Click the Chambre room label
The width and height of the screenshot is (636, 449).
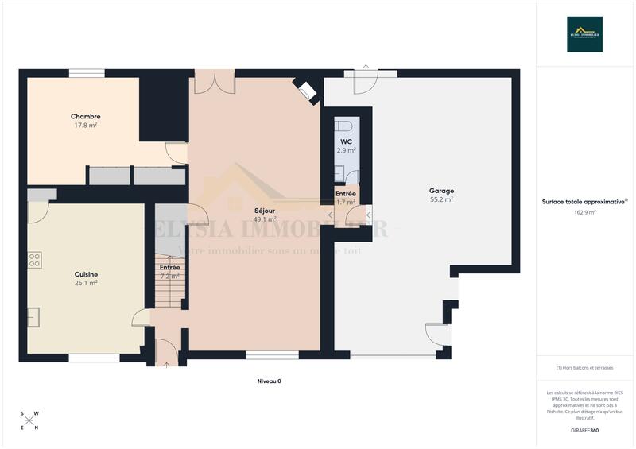pos(87,116)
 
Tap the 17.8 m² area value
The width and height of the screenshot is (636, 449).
pos(87,125)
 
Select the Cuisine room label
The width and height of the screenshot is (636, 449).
pos(86,274)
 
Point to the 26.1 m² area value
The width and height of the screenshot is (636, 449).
pos(86,283)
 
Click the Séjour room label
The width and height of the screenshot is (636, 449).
pos(265,211)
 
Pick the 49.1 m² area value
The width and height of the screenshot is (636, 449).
pos(265,219)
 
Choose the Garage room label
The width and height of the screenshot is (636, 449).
pos(441,191)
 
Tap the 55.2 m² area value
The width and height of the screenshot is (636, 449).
pos(441,199)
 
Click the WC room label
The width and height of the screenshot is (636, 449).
pos(346,141)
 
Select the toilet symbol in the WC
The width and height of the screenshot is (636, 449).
pos(344,126)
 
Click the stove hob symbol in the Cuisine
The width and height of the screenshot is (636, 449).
pos(34,261)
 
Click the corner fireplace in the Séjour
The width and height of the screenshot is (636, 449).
pos(305,91)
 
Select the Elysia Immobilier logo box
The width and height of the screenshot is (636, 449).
pos(584,34)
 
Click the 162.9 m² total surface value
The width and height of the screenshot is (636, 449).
pos(584,212)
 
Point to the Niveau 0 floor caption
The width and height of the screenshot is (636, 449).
pos(270,381)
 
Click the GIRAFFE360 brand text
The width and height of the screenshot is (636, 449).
pos(584,430)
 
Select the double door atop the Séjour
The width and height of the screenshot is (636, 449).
pos(215,81)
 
